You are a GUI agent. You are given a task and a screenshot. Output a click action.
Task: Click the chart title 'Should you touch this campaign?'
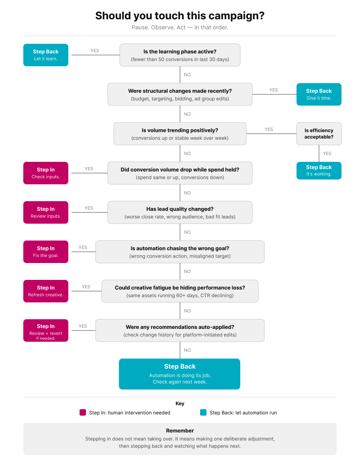180,16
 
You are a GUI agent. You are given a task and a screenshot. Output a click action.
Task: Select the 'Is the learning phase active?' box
180,55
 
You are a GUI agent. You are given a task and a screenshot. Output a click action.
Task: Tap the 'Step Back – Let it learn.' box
46,55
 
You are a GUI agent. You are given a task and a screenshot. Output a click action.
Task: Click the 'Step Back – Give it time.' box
319,94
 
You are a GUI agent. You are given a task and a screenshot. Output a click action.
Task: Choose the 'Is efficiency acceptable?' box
319,134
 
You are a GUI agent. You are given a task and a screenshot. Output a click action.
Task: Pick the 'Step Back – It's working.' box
319,171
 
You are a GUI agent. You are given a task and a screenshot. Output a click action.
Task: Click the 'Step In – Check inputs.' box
46,173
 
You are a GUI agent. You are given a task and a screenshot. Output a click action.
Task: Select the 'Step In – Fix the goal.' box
46,252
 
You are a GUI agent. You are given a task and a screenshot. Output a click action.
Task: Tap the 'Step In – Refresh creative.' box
46,291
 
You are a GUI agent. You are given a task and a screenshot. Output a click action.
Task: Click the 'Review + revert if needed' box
46,330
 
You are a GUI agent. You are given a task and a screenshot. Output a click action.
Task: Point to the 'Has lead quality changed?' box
180,212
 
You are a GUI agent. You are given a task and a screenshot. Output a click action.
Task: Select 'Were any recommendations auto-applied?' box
180,330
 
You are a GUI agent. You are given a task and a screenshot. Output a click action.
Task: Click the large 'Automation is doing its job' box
180,374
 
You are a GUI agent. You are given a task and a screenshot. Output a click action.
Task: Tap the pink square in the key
83,412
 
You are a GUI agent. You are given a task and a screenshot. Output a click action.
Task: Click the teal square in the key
203,412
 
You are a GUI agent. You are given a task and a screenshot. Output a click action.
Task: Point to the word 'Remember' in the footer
180,430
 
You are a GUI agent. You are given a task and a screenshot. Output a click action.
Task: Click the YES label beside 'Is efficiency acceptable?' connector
327,153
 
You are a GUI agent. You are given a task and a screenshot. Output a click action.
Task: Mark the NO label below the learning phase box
187,75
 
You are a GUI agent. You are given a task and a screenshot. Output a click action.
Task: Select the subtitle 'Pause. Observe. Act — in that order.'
180,28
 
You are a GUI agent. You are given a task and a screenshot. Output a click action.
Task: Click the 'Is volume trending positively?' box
180,134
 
